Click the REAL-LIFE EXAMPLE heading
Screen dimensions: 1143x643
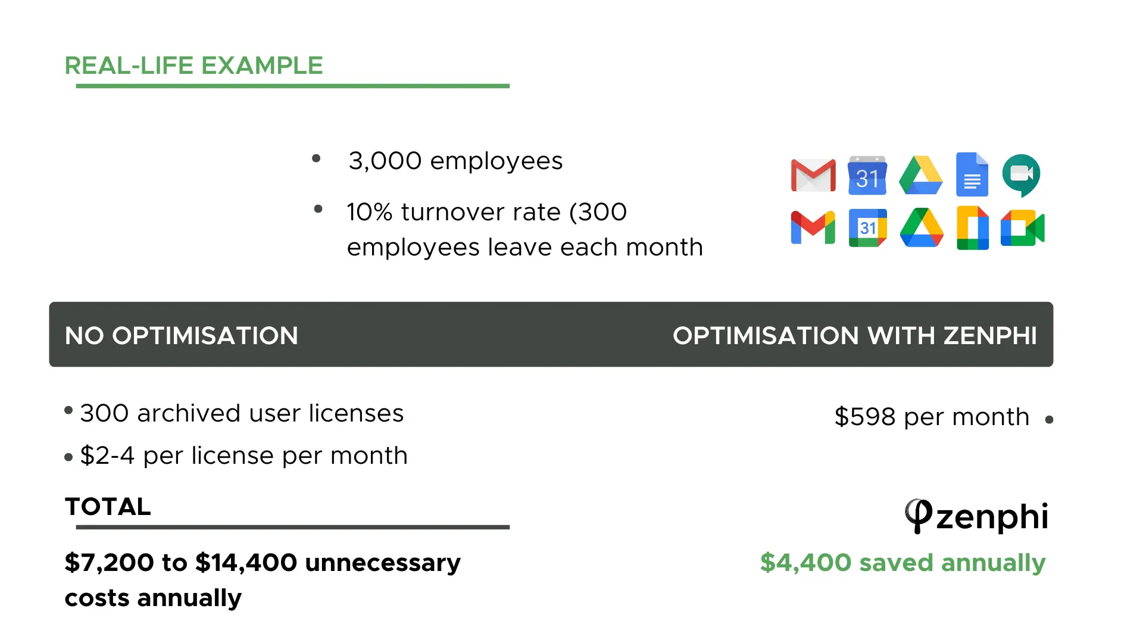(x=193, y=65)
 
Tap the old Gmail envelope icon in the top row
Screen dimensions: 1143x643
(x=813, y=175)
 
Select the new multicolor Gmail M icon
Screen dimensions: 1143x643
(x=813, y=227)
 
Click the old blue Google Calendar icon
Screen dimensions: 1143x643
(x=867, y=175)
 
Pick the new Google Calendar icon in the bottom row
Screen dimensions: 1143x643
(x=868, y=227)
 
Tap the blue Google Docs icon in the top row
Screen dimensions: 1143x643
(x=972, y=174)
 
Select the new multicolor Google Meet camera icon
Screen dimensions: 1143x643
(x=1023, y=228)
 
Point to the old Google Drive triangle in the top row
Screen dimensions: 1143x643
(x=921, y=175)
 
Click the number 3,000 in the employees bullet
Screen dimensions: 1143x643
(x=385, y=161)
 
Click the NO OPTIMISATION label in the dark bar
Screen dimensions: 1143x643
(x=182, y=336)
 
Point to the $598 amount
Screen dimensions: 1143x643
(x=865, y=417)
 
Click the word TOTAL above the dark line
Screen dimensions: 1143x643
(x=108, y=507)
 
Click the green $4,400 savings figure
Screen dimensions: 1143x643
(x=806, y=563)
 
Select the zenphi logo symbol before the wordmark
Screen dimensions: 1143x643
(x=918, y=516)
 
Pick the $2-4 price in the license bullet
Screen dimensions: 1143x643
(x=108, y=456)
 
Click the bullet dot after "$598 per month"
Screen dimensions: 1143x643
(x=1049, y=420)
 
